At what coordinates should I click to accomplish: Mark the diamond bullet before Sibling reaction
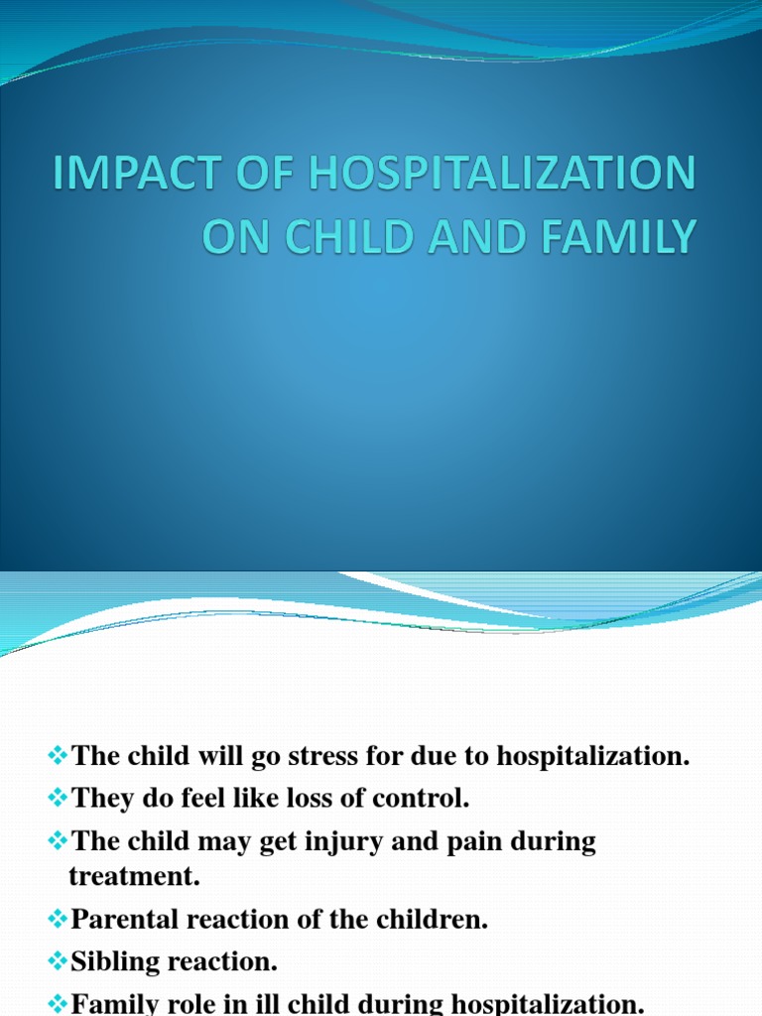click(58, 962)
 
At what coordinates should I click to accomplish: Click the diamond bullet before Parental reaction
click(58, 920)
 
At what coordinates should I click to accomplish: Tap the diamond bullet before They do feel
click(58, 798)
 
